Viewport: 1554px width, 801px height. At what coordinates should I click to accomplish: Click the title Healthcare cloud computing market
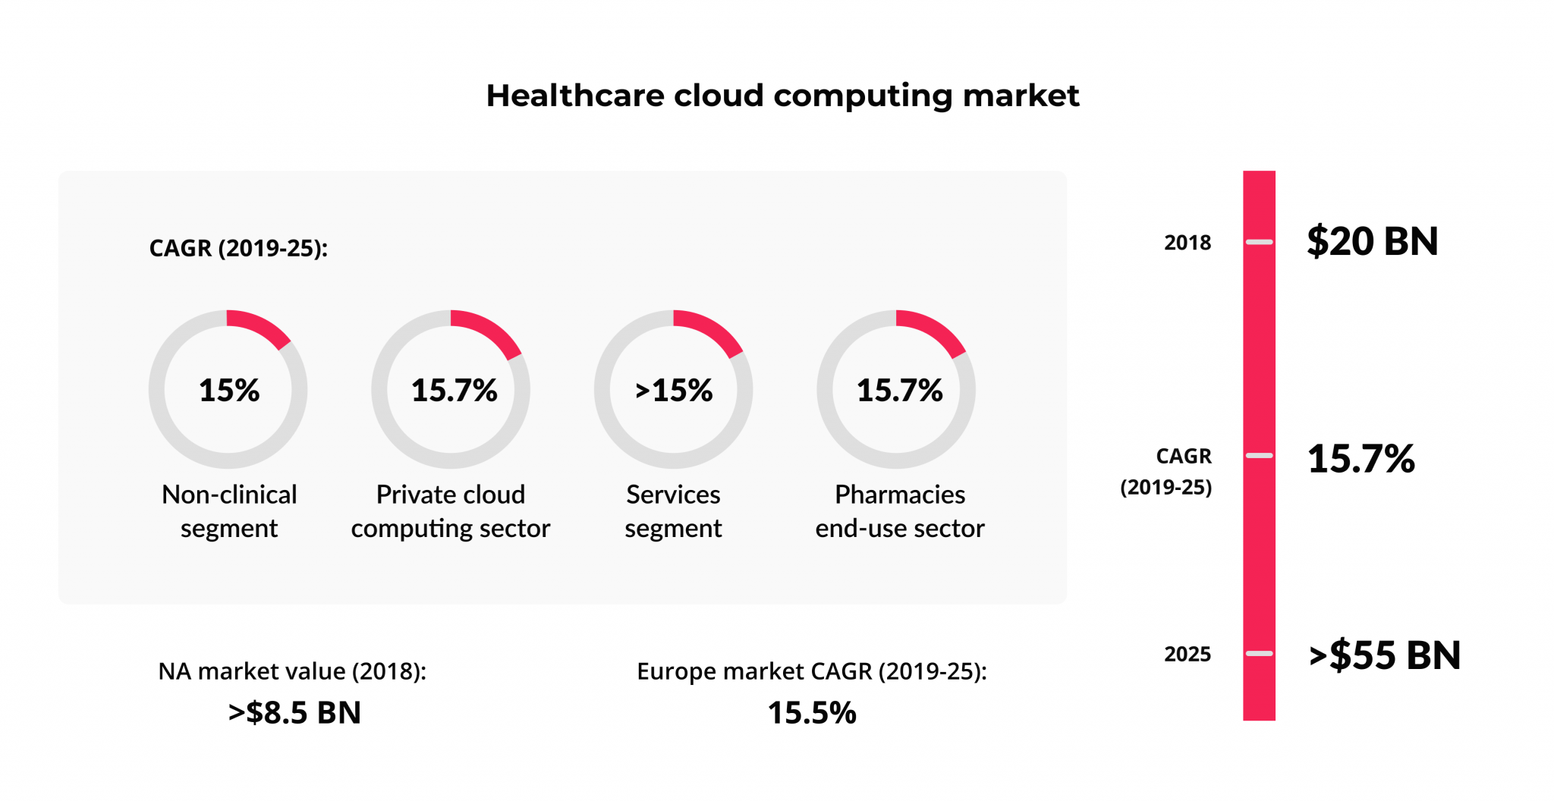click(782, 96)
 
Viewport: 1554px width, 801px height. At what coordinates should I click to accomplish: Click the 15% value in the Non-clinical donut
click(229, 391)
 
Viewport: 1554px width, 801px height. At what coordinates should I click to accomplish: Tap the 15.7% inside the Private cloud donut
click(454, 391)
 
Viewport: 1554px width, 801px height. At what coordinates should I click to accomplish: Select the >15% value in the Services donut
click(674, 391)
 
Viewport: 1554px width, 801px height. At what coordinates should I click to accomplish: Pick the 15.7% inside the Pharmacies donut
click(899, 391)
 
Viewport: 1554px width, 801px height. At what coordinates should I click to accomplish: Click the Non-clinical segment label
click(229, 511)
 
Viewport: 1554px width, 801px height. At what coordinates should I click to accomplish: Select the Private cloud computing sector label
click(451, 511)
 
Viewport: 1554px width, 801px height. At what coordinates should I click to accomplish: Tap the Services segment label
click(673, 511)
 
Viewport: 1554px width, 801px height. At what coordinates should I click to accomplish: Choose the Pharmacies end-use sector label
click(900, 511)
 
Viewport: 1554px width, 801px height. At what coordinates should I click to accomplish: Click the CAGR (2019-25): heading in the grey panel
click(238, 248)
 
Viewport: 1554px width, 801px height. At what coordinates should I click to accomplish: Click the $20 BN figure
click(1372, 242)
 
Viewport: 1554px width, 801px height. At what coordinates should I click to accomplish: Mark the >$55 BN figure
click(1385, 655)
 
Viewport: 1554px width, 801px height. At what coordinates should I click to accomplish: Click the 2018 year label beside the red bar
click(1188, 243)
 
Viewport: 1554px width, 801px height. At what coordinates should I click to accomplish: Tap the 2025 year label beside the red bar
click(1188, 654)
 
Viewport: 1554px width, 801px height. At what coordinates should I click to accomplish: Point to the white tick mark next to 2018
click(1259, 242)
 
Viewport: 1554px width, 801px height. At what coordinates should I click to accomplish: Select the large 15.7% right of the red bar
click(1361, 459)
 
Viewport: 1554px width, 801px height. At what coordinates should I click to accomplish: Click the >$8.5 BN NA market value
click(294, 713)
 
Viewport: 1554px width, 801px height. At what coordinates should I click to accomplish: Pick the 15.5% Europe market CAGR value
click(812, 713)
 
